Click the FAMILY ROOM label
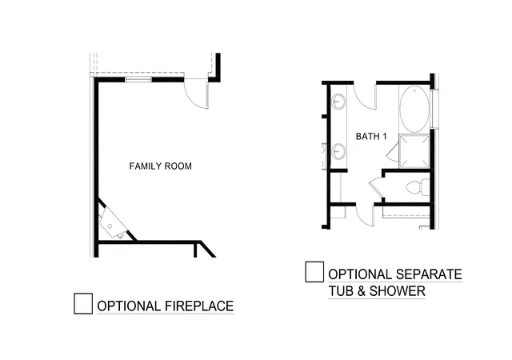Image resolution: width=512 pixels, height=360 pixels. (x=160, y=166)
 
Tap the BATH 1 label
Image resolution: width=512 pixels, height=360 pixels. (x=371, y=136)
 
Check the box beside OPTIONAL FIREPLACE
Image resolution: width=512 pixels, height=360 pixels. (x=83, y=303)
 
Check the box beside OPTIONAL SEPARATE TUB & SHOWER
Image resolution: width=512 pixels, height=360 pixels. (x=314, y=272)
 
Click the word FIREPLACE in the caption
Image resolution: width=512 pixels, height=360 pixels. (x=199, y=306)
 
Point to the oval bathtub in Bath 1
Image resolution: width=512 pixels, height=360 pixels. (x=414, y=109)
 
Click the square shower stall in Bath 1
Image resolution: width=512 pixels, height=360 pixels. (x=414, y=151)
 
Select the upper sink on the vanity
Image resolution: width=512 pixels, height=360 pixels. (x=338, y=102)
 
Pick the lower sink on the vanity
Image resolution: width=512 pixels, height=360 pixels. (x=338, y=151)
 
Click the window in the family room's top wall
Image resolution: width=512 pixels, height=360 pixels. (x=138, y=79)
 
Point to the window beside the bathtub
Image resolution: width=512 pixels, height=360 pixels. (x=434, y=109)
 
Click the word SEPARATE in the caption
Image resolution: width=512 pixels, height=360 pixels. (x=429, y=274)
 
